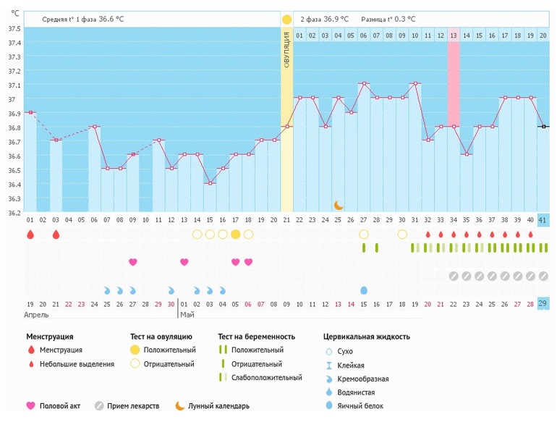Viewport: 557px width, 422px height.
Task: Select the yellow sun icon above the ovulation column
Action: [x=287, y=19]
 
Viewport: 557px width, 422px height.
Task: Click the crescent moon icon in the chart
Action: [x=339, y=206]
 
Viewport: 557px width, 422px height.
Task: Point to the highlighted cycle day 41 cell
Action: [x=543, y=220]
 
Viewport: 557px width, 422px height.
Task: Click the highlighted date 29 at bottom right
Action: [x=543, y=303]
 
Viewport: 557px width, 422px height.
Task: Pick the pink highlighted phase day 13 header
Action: [x=454, y=35]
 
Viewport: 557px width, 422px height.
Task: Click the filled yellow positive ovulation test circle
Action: [x=235, y=234]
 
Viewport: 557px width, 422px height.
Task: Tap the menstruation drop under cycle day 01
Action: [x=30, y=235]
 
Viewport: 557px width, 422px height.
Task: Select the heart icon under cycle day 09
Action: [x=132, y=262]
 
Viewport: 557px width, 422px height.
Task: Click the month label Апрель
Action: [x=38, y=316]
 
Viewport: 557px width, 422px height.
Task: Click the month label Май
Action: [x=187, y=316]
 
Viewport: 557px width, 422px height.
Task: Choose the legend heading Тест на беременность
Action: [x=256, y=337]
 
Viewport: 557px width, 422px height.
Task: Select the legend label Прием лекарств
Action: [x=133, y=406]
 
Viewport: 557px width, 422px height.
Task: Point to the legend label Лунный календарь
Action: [x=218, y=406]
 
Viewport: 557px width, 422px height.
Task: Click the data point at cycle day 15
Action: [x=210, y=184]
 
